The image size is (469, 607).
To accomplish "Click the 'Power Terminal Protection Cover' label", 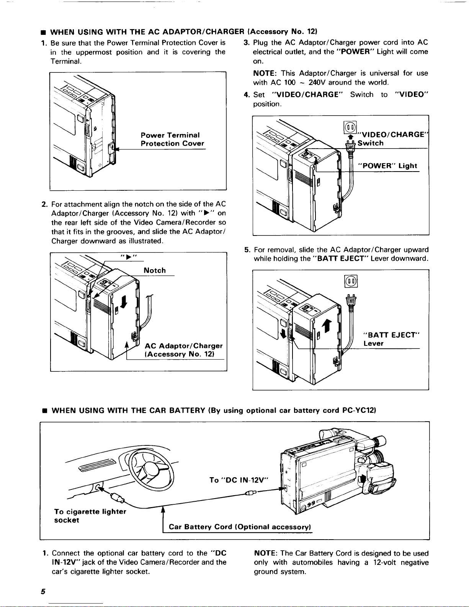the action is click(172, 139).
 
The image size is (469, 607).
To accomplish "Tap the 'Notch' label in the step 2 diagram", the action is click(155, 270).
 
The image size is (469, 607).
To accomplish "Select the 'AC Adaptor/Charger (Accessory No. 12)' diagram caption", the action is click(183, 350).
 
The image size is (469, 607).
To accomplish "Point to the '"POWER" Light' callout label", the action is click(387, 166).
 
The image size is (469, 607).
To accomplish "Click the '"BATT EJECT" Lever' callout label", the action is click(391, 339).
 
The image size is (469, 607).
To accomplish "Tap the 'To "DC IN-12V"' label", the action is click(239, 480).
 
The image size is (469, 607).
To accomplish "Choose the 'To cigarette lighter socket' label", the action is click(90, 515).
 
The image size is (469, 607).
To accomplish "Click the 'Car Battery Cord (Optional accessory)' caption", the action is click(240, 527).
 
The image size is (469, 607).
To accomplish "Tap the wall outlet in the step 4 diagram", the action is click(350, 128).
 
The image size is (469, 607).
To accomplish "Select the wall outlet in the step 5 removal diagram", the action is click(351, 281).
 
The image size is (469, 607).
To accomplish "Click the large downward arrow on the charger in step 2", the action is click(124, 302).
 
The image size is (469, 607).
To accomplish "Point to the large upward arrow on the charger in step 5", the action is click(327, 326).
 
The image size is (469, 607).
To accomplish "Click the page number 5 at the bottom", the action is click(43, 592).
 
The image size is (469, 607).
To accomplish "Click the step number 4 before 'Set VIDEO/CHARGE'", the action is click(246, 95).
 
